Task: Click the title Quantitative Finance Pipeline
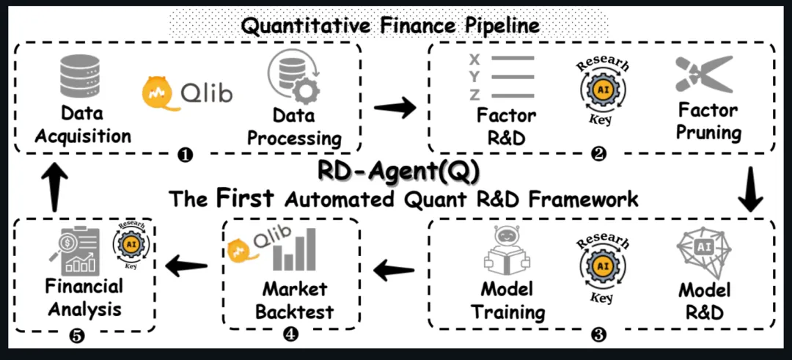390,25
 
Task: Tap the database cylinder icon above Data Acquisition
82,78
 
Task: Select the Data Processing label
294,127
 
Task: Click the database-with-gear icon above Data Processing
293,81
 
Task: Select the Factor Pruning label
709,122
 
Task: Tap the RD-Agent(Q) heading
399,170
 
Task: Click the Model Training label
508,300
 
